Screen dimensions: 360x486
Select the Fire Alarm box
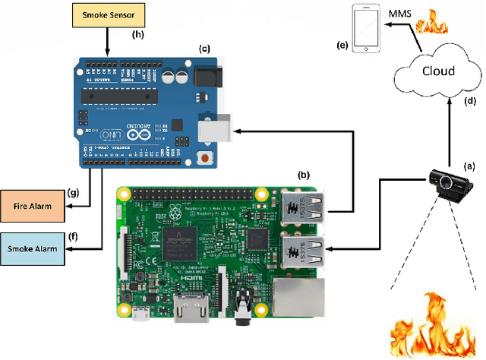pos(32,205)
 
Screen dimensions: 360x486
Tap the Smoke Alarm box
pos(32,248)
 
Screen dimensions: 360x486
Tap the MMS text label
pos(402,13)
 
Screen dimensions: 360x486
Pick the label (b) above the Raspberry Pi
pos(303,174)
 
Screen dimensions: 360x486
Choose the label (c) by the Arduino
pos(204,49)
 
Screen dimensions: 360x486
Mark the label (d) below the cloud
pos(471,100)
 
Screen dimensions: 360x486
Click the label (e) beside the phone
pos(342,46)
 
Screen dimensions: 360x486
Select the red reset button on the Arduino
pos(204,159)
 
